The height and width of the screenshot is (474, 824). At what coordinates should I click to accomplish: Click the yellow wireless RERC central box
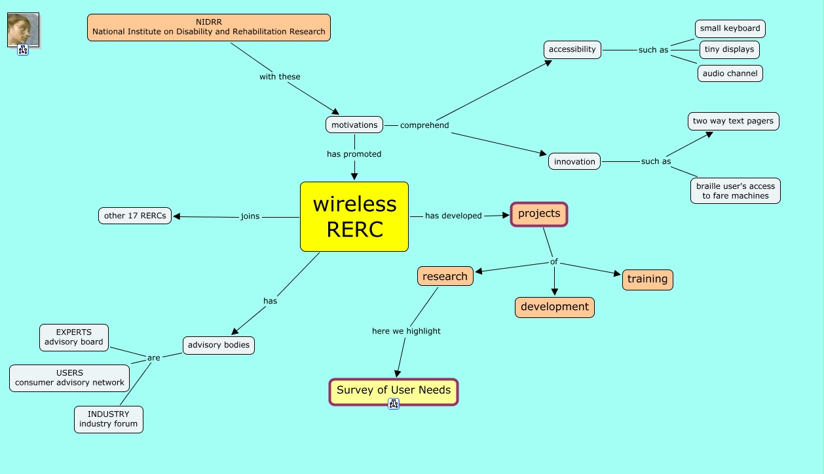pyautogui.click(x=354, y=216)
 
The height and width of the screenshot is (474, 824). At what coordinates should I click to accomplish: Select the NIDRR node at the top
pyautogui.click(x=209, y=28)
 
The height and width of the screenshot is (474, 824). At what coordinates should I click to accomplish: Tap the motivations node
pyautogui.click(x=354, y=125)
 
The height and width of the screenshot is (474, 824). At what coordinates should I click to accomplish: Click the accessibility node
pyautogui.click(x=572, y=49)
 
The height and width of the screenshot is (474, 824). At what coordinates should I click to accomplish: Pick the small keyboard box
pyautogui.click(x=730, y=29)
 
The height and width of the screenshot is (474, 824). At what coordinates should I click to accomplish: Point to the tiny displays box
pyautogui.click(x=729, y=49)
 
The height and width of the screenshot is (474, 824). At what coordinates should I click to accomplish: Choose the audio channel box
pyautogui.click(x=730, y=73)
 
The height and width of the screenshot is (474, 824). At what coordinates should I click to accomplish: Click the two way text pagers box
pyautogui.click(x=733, y=121)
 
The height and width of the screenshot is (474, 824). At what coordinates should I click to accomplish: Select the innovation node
pyautogui.click(x=574, y=161)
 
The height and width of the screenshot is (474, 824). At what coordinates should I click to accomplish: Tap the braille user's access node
pyautogui.click(x=735, y=191)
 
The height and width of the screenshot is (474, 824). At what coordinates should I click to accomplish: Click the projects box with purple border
pyautogui.click(x=539, y=214)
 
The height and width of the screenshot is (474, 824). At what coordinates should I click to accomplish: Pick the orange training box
pyautogui.click(x=647, y=279)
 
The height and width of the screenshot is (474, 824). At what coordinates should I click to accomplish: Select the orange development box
pyautogui.click(x=554, y=307)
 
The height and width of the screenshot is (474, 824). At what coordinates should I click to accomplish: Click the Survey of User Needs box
pyautogui.click(x=393, y=391)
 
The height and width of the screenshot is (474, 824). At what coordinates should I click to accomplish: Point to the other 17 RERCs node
pyautogui.click(x=135, y=216)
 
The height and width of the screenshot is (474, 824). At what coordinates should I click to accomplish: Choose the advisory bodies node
pyautogui.click(x=218, y=345)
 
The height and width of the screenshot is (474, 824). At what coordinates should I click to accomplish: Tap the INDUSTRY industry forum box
pyautogui.click(x=108, y=419)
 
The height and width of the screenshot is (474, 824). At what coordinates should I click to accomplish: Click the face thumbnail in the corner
pyautogui.click(x=23, y=30)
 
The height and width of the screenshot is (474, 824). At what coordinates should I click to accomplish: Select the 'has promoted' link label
pyautogui.click(x=354, y=154)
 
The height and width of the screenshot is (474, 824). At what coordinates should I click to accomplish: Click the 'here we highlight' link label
pyautogui.click(x=406, y=331)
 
